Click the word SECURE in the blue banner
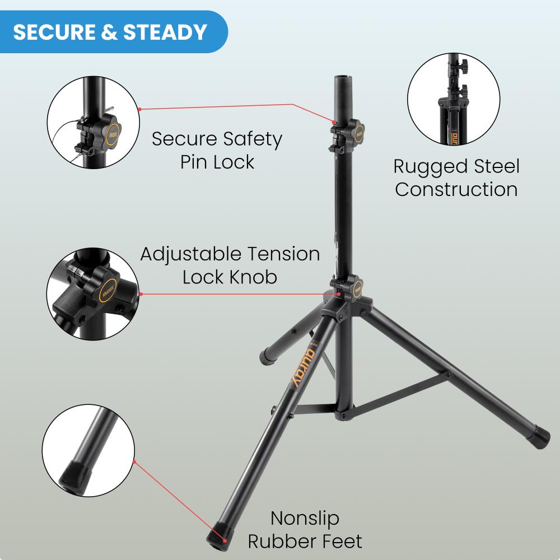(x=54, y=32)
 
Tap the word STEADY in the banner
(x=165, y=32)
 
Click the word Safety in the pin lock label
(x=252, y=139)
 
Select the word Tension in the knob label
(x=284, y=254)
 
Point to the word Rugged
(x=430, y=167)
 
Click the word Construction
(x=456, y=189)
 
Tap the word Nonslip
(x=305, y=519)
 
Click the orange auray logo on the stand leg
(x=305, y=368)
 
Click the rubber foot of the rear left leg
(x=267, y=356)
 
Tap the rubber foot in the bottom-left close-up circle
(x=74, y=477)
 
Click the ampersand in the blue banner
(x=109, y=32)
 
